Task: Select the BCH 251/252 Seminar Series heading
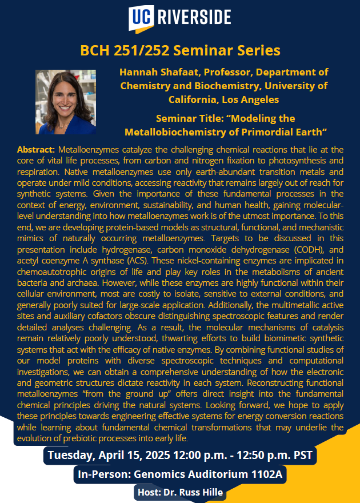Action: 180,50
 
